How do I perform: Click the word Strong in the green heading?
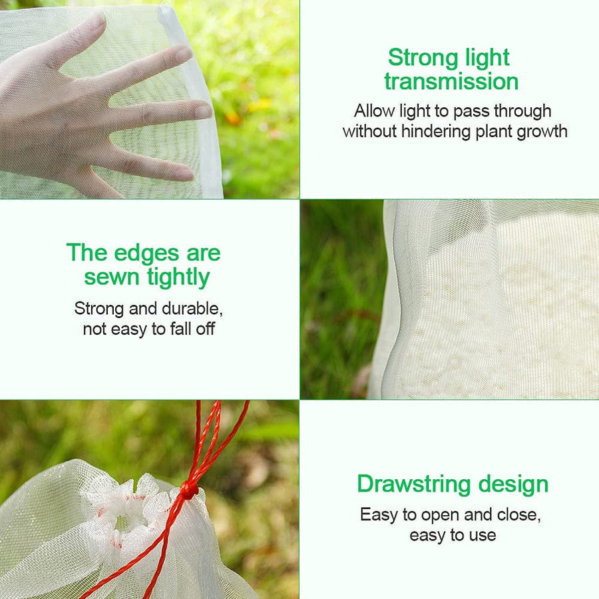tap(423, 58)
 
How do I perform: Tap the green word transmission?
tap(451, 82)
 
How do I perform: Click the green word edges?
tap(146, 254)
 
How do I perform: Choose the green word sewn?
tap(112, 278)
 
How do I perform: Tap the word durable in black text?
tap(192, 309)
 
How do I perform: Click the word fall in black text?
tap(181, 329)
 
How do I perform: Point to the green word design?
tap(513, 485)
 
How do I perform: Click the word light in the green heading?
tap(487, 59)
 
